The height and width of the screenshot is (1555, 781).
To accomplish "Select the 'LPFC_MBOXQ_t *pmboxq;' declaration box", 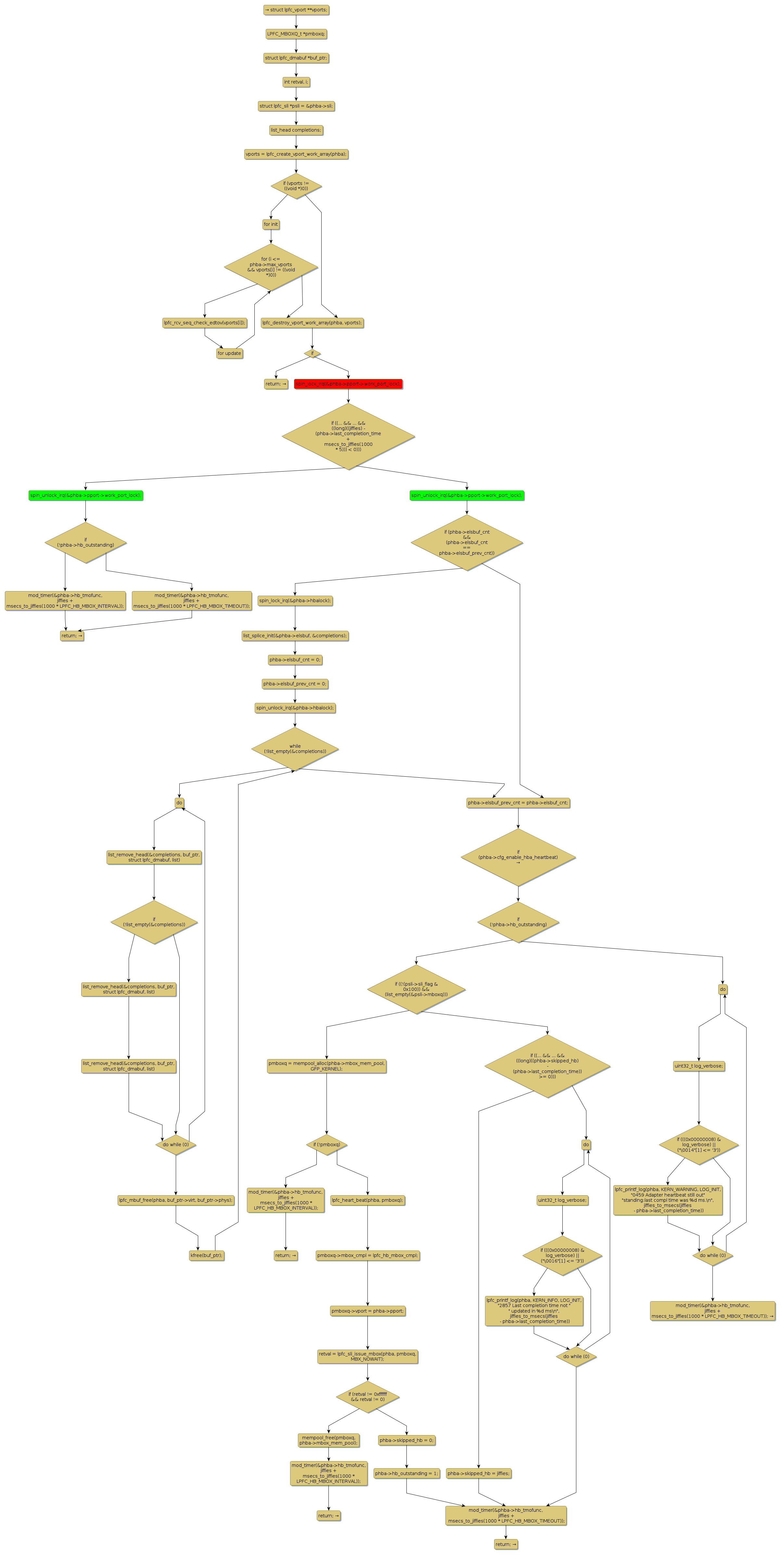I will click(x=296, y=34).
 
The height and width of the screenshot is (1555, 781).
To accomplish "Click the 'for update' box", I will click(x=229, y=353).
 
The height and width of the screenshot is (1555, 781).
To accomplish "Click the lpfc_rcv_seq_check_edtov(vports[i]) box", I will click(x=205, y=323).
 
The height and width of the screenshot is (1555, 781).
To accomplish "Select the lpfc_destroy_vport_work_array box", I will click(x=312, y=323).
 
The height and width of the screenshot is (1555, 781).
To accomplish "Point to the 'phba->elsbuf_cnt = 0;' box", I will click(x=295, y=660).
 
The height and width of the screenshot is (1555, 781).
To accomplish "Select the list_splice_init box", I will click(x=295, y=636).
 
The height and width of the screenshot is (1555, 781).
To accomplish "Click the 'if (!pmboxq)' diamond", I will click(x=326, y=1145).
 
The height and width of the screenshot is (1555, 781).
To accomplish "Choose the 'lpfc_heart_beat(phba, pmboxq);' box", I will click(x=367, y=1200).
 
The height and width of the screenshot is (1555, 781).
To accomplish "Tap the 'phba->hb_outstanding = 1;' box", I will click(x=406, y=1473).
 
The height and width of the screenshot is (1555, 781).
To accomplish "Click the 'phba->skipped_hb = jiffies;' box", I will click(x=479, y=1473).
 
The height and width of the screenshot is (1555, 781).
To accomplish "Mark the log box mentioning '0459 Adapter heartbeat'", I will click(x=668, y=1200).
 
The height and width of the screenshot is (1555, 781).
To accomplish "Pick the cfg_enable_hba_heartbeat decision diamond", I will click(x=518, y=857).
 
